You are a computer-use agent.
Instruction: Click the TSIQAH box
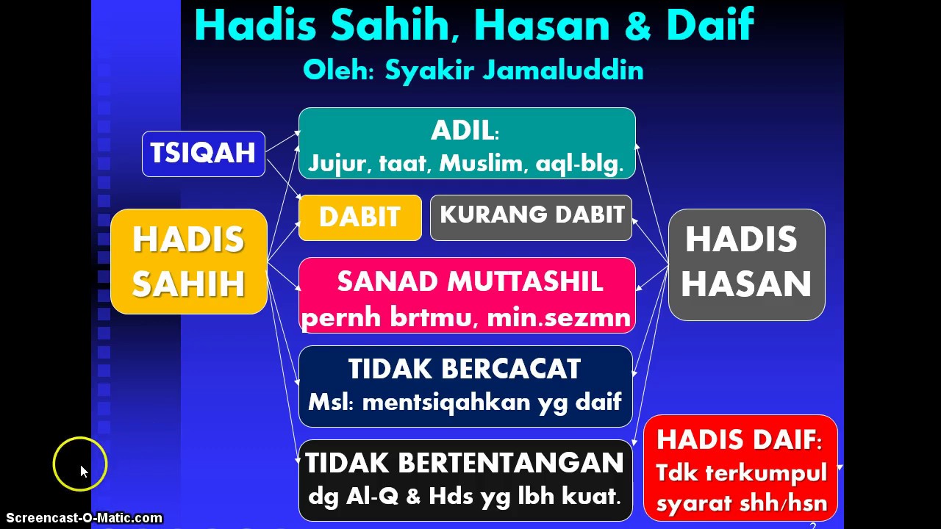pyautogui.click(x=203, y=154)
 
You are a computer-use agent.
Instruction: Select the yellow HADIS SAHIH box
pyautogui.click(x=188, y=262)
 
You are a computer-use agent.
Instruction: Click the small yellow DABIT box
pyautogui.click(x=359, y=217)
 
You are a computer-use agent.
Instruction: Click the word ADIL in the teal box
pyautogui.click(x=462, y=131)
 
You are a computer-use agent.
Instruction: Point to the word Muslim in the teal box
pyautogui.click(x=481, y=163)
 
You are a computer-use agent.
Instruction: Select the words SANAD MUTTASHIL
pyautogui.click(x=470, y=282)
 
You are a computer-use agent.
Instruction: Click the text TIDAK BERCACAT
pyautogui.click(x=465, y=369)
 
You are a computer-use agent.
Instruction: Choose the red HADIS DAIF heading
pyautogui.click(x=738, y=439)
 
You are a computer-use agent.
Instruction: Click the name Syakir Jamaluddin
pyautogui.click(x=514, y=71)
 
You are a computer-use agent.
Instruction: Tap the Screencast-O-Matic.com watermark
pyautogui.click(x=84, y=518)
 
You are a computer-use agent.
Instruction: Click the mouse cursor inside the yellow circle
pyautogui.click(x=83, y=471)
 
